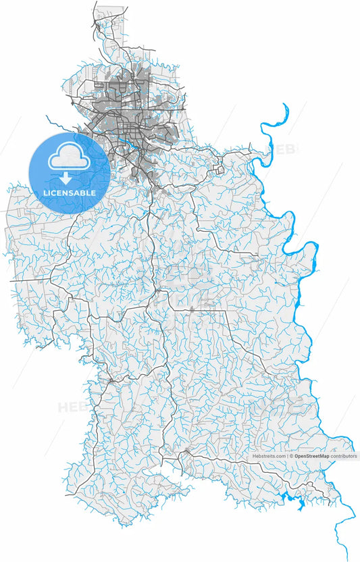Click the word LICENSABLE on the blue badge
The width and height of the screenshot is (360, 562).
point(69,193)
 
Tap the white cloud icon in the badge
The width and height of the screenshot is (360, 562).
point(68,158)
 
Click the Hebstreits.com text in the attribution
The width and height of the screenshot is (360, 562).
point(269,457)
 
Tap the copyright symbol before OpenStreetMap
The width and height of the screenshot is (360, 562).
point(291,457)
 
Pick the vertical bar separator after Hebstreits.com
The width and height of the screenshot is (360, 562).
point(287,457)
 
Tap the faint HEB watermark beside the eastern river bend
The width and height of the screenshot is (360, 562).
point(282,148)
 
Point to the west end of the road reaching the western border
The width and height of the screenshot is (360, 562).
point(9,280)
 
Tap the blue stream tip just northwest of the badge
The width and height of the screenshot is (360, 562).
point(47,116)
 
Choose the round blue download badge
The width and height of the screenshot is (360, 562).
point(69,173)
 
